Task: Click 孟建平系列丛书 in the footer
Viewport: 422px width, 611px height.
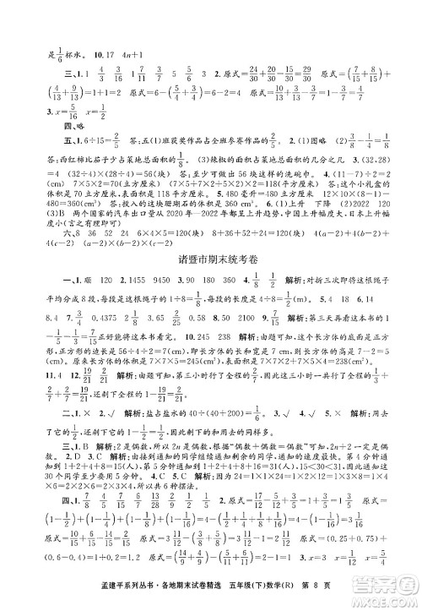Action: pos(77,597)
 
